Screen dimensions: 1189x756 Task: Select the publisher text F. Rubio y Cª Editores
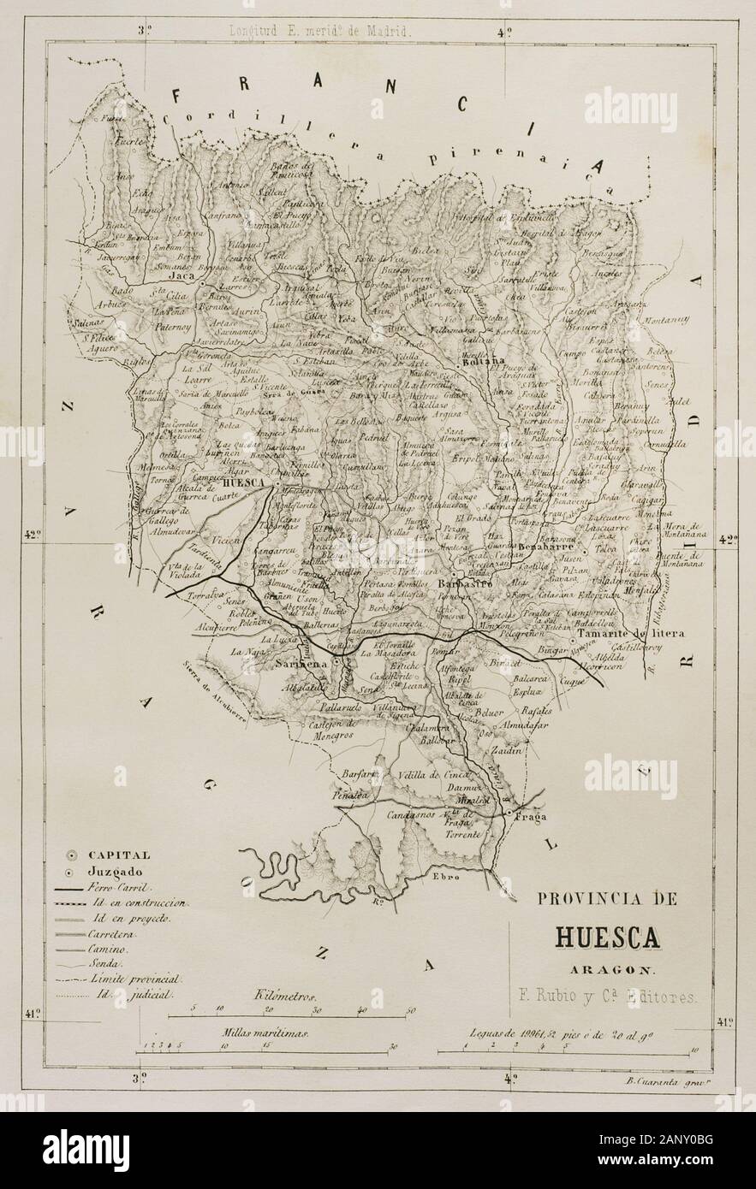click(x=608, y=996)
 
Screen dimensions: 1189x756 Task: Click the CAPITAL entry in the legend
click(x=118, y=855)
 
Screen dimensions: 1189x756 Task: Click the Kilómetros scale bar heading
click(x=285, y=997)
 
